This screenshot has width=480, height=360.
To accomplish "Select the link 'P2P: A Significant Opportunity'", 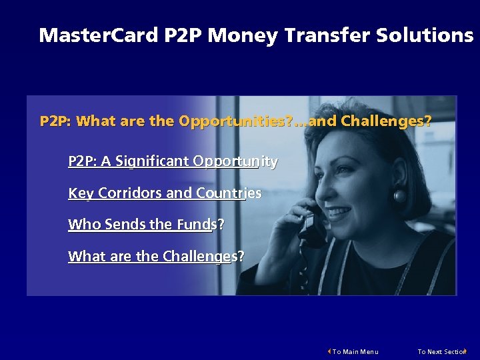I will (x=173, y=161).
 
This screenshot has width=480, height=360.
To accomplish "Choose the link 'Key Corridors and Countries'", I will (x=165, y=193).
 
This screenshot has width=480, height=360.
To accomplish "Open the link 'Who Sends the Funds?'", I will (x=146, y=225).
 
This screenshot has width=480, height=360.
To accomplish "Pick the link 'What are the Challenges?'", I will (x=156, y=256).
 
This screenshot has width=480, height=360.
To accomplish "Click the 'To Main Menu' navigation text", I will (x=355, y=351).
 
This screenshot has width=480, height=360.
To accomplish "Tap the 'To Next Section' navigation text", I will (x=441, y=351).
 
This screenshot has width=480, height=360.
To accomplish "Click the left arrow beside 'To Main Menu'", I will (x=329, y=351).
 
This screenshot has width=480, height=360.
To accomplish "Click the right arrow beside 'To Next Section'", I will (x=465, y=351).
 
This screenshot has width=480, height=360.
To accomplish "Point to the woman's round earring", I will (x=401, y=197).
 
